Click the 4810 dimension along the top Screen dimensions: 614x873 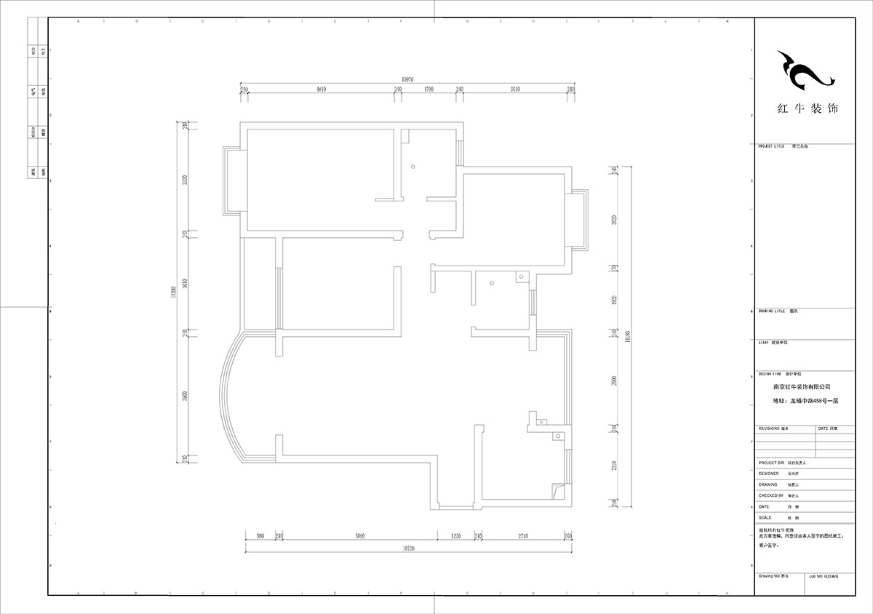(320, 89)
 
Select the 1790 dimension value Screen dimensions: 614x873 (428, 89)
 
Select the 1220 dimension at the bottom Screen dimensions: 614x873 (455, 536)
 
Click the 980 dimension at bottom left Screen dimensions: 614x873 (260, 536)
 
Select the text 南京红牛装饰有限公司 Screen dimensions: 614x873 (802, 388)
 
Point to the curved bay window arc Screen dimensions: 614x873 (224, 393)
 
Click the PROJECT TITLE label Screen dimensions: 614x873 (772, 146)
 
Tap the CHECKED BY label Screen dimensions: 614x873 (773, 495)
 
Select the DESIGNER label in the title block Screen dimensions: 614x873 (768, 473)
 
